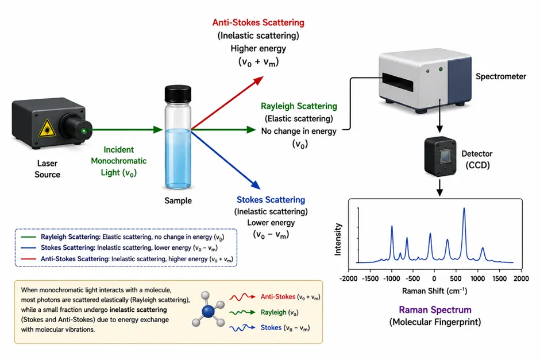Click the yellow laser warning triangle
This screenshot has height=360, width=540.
[x=47, y=129]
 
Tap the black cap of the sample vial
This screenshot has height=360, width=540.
[x=178, y=94]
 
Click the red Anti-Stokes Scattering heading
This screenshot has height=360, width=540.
[x=259, y=23]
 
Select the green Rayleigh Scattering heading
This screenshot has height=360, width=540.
[x=299, y=106]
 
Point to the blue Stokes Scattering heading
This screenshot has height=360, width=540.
[x=271, y=200]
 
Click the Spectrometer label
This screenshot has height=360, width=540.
[x=501, y=76]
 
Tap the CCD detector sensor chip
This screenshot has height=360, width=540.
[x=445, y=156]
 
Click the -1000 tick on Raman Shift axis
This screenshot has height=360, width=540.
[x=392, y=278]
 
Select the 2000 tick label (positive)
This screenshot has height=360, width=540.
[x=521, y=278]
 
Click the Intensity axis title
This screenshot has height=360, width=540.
[x=338, y=239]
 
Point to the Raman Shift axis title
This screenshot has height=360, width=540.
[x=435, y=291]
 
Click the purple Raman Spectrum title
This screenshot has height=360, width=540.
[x=435, y=309]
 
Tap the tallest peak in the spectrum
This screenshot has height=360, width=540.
[x=464, y=208]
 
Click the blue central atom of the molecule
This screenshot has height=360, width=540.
[x=207, y=311]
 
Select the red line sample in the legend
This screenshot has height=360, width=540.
[x=28, y=259]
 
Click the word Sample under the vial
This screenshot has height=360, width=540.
[x=178, y=200]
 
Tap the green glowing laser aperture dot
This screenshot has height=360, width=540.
[x=84, y=131]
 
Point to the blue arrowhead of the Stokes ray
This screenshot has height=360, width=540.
[x=256, y=185]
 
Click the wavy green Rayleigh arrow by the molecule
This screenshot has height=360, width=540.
[x=242, y=312]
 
